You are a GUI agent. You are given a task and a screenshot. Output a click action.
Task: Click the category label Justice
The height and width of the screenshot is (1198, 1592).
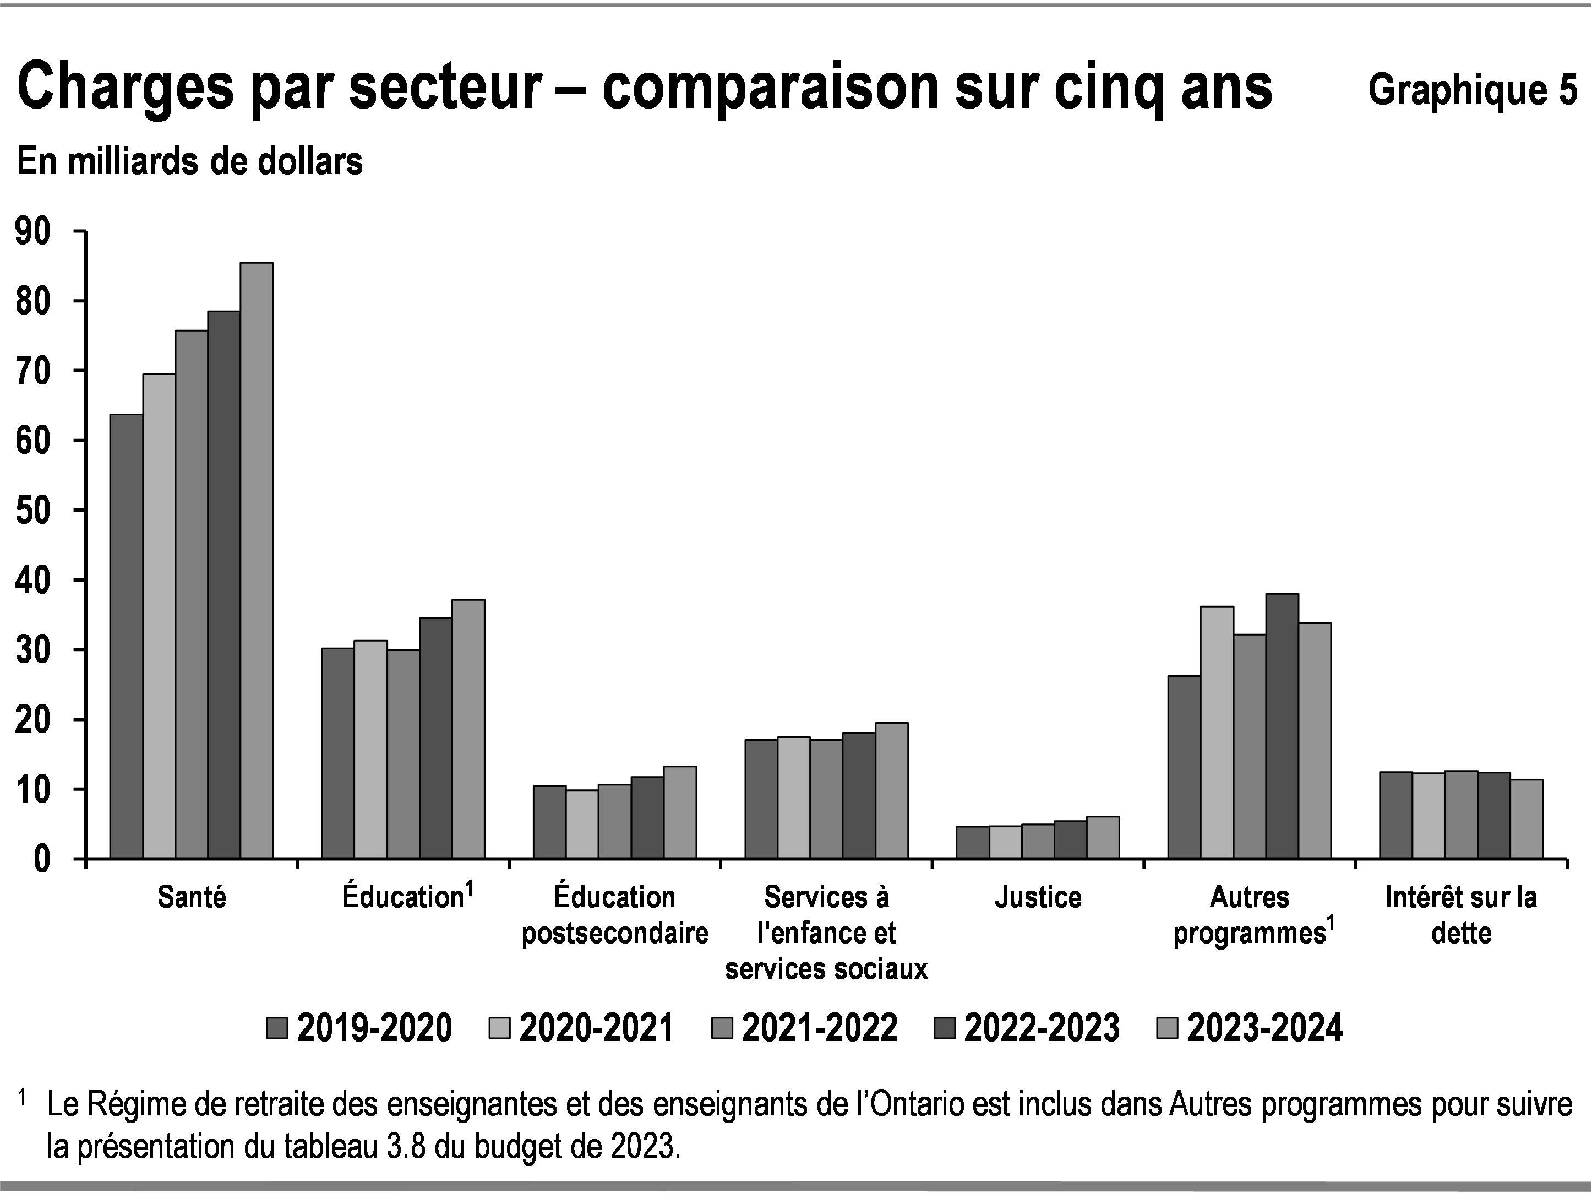1038,898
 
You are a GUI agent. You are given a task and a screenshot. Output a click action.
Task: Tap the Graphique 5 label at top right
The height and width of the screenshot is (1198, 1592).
1472,90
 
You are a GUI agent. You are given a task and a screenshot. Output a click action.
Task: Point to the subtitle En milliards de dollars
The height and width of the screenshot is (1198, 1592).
190,161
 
